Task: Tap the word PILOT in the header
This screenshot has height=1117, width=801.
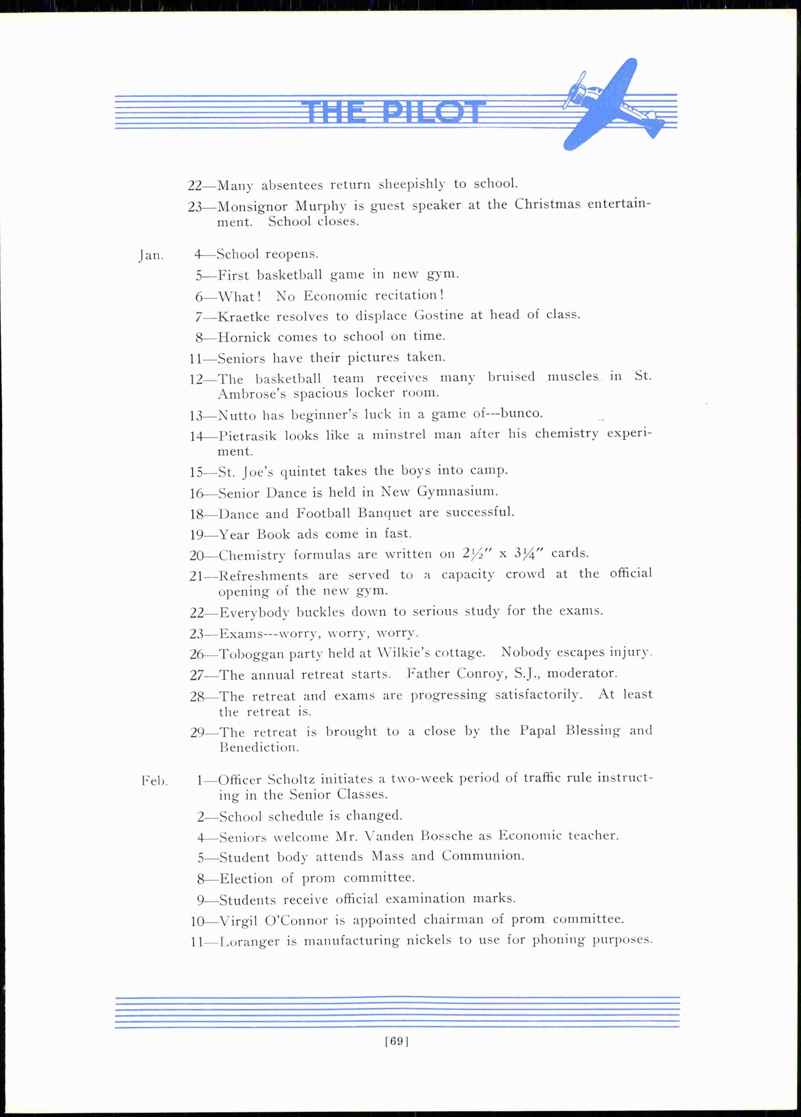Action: (433, 112)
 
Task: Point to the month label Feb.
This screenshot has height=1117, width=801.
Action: (155, 781)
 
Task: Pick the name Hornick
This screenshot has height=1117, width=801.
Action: (244, 337)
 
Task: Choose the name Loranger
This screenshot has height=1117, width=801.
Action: (249, 943)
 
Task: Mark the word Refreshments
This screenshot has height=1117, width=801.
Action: (263, 576)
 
